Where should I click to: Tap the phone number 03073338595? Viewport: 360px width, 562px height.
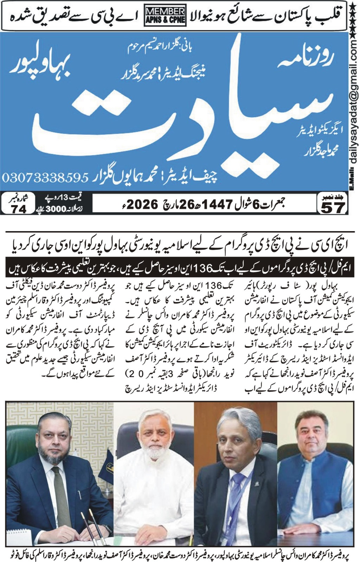click(x=45, y=177)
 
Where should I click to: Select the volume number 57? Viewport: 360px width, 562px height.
click(x=333, y=208)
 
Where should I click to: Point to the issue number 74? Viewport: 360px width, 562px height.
click(x=19, y=209)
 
